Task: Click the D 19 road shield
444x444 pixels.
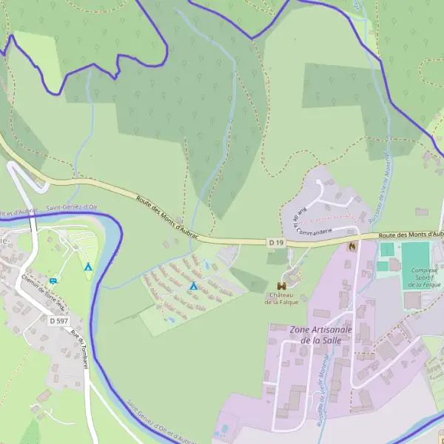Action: (276, 242)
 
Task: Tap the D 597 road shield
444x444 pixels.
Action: (58, 320)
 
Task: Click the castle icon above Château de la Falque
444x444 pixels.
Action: (282, 286)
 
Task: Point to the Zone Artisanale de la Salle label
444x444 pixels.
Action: (321, 334)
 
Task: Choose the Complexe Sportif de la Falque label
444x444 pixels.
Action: (425, 277)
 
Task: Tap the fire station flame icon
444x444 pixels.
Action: (352, 246)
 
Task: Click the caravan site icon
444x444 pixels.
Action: (54, 280)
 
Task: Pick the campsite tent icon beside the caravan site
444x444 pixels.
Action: (87, 266)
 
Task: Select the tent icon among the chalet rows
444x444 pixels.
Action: (193, 285)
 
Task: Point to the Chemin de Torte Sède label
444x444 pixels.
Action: (44, 290)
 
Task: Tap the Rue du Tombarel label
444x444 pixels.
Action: (78, 345)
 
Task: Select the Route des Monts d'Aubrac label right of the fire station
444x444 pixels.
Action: (411, 234)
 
